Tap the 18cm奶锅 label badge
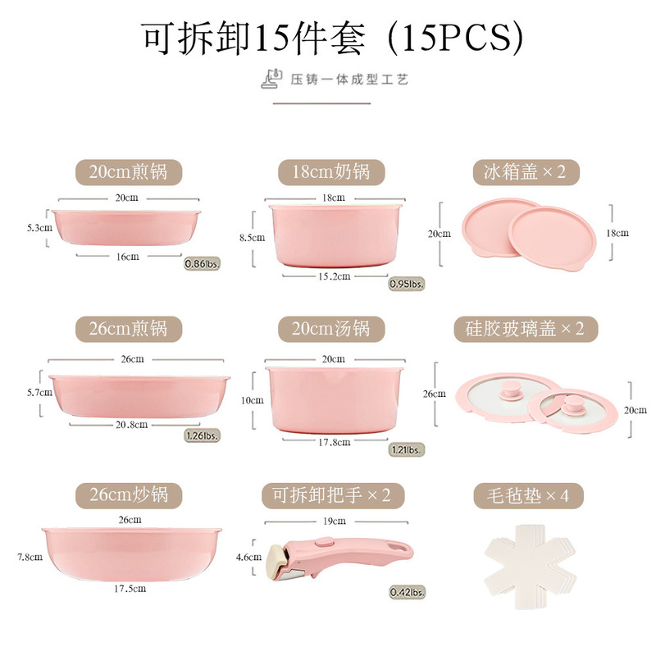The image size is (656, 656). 331,171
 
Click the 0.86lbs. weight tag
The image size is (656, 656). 203,264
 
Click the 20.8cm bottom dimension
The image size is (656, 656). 131,425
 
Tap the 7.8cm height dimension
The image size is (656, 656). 30,557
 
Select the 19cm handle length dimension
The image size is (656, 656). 333,521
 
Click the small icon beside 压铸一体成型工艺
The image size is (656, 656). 271,79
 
